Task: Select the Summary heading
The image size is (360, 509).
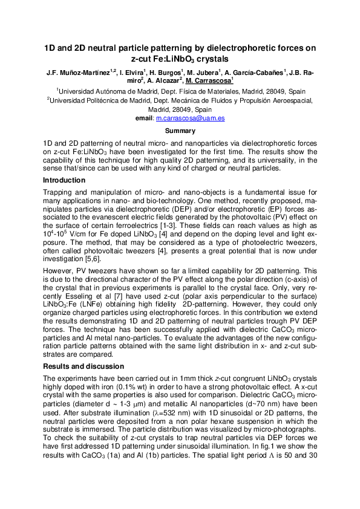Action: click(x=180, y=131)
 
